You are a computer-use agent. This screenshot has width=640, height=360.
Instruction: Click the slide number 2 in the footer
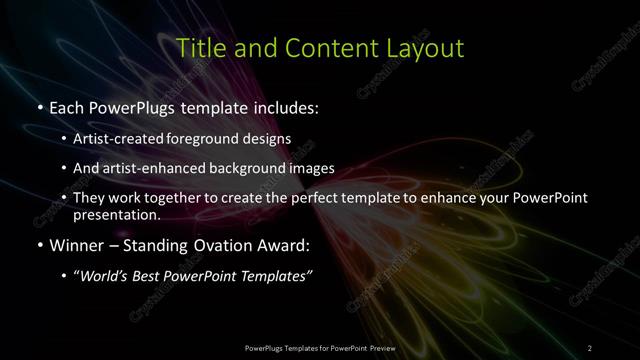pos(590,347)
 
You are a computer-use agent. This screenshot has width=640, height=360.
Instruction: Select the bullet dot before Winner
pos(37,243)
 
